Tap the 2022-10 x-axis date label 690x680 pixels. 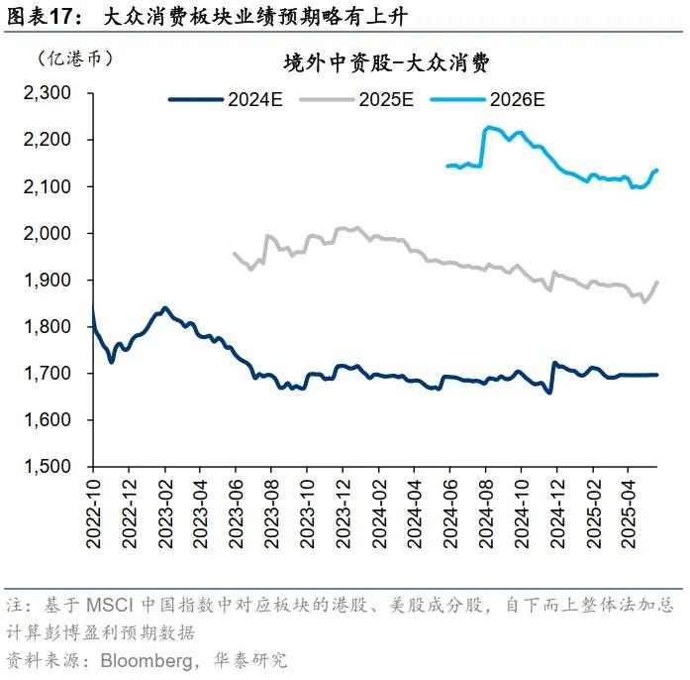click(x=93, y=511)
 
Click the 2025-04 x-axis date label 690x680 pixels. click(x=627, y=511)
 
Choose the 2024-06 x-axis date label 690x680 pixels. click(x=449, y=511)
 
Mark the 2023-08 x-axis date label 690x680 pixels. click(x=270, y=511)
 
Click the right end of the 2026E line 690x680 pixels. click(x=658, y=170)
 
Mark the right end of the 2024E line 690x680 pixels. click(x=658, y=375)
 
